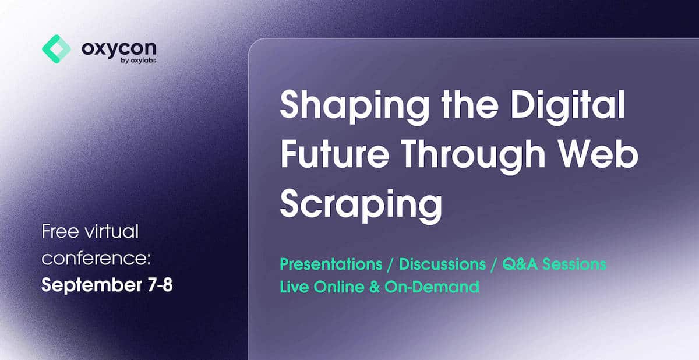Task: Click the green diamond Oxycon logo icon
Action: [x=57, y=49]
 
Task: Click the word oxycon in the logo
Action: [x=119, y=50]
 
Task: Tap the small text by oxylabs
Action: [x=139, y=61]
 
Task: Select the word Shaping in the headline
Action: [x=355, y=107]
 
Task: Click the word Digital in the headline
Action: [x=568, y=104]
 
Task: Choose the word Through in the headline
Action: [x=473, y=156]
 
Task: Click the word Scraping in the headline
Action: [x=361, y=206]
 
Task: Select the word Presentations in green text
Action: [x=331, y=264]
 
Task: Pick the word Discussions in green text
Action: [x=442, y=264]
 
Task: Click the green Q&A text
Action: [x=520, y=264]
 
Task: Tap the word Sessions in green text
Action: [x=574, y=264]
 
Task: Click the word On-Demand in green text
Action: [x=432, y=287]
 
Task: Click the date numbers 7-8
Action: [x=160, y=285]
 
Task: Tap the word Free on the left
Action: [x=60, y=231]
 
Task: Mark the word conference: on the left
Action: [x=96, y=259]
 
